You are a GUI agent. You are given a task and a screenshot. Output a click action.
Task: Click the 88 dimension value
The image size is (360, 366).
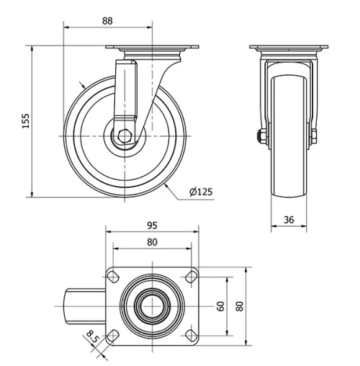108,21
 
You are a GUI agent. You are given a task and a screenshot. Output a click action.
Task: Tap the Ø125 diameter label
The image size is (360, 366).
202,192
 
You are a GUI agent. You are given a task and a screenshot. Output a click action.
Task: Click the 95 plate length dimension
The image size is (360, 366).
151,225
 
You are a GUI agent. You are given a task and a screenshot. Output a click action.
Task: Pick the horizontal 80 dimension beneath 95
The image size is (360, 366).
151,242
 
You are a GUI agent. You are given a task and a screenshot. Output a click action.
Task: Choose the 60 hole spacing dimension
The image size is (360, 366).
222,305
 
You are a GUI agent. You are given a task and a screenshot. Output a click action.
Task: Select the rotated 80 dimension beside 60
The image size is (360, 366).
240,305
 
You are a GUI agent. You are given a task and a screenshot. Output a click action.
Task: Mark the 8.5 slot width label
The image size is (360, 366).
92,335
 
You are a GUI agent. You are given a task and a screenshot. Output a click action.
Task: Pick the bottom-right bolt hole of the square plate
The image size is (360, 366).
190,334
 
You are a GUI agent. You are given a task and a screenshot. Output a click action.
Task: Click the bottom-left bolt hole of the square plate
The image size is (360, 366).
113,334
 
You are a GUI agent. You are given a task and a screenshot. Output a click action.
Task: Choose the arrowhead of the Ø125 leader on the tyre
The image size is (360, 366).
167,186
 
